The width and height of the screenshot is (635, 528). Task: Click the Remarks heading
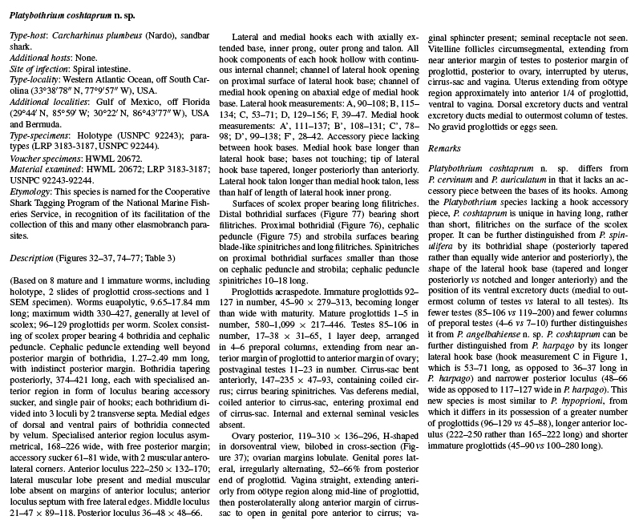[445, 149]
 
